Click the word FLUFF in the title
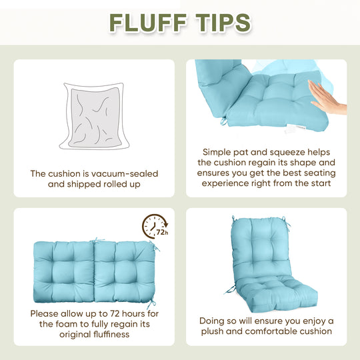pyautogui.click(x=148, y=23)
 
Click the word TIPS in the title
pyautogui.click(x=223, y=23)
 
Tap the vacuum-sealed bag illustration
pyautogui.click(x=94, y=116)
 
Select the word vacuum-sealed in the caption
pyautogui.click(x=123, y=174)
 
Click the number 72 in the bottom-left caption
pyautogui.click(x=115, y=313)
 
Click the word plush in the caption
pyautogui.click(x=212, y=331)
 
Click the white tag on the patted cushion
pyautogui.click(x=293, y=129)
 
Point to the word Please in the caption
pyautogui.click(x=44, y=313)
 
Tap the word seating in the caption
pyautogui.click(x=319, y=173)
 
